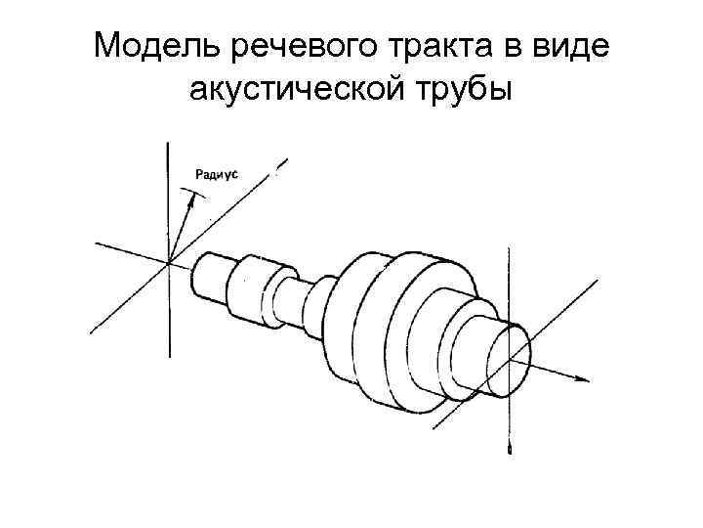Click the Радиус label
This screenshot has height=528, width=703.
point(217,174)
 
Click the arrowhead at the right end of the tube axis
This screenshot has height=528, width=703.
point(584,377)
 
